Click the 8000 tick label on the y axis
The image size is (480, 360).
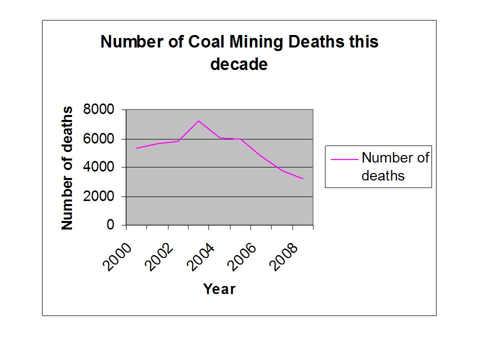point(103,109)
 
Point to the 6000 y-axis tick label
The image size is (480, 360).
point(103,138)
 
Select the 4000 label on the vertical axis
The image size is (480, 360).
point(103,167)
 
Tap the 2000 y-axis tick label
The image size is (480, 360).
point(103,196)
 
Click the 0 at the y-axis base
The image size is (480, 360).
point(111,225)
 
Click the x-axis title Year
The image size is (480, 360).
point(219,289)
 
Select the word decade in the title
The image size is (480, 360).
point(239,65)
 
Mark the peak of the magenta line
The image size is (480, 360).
point(198,120)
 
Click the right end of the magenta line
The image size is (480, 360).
point(303,178)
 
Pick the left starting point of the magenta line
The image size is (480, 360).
point(136,148)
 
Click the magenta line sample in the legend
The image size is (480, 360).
point(344,159)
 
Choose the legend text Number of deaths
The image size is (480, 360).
point(394,166)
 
